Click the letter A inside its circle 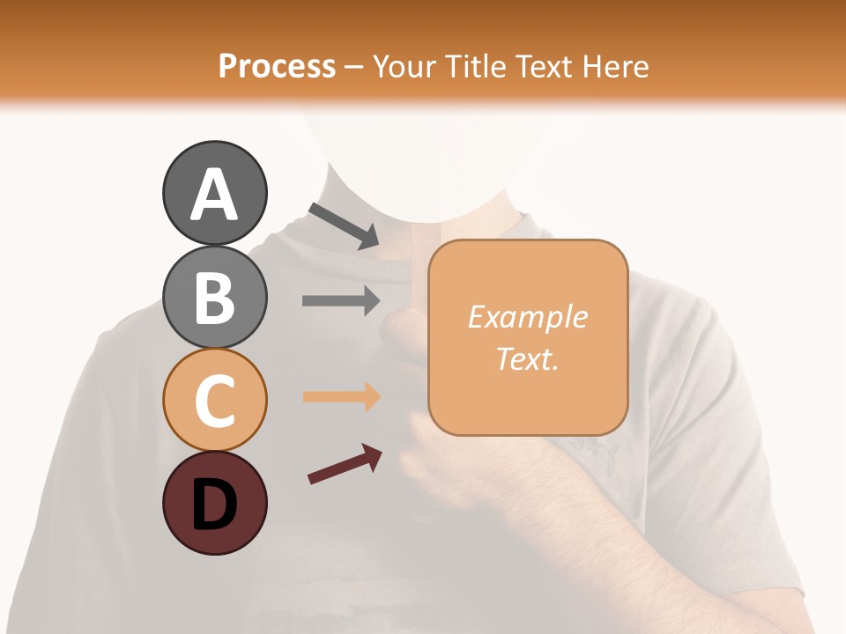tap(214, 195)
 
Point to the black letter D tap(214, 505)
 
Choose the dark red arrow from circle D tap(345, 464)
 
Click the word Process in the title tap(277, 67)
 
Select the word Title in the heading tap(474, 67)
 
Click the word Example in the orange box tap(527, 317)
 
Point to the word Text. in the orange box tap(527, 359)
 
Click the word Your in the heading tap(403, 67)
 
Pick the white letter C tap(214, 401)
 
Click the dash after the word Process tap(353, 68)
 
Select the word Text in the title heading tap(542, 67)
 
